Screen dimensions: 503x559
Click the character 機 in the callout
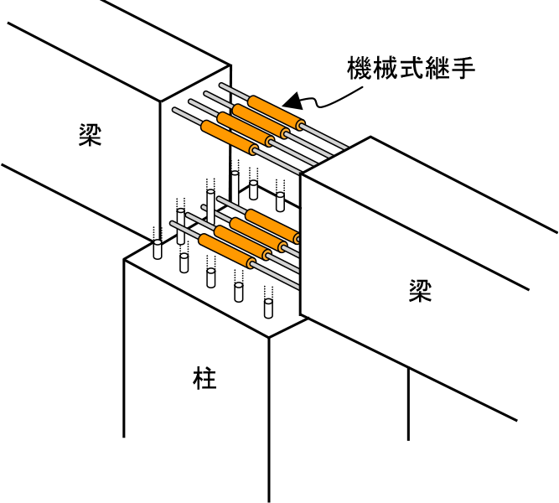[x=360, y=67]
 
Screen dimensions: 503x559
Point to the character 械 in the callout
[x=389, y=67]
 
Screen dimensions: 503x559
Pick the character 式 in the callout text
[x=417, y=67]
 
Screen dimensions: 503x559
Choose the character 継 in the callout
[x=446, y=67]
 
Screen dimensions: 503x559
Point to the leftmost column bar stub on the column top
[x=157, y=249]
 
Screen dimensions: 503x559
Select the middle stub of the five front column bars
[x=210, y=277]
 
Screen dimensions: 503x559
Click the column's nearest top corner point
[x=269, y=338]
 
